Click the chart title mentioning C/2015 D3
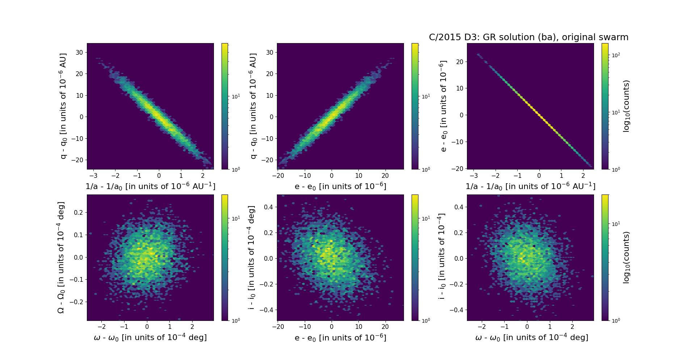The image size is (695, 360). pyautogui.click(x=528, y=37)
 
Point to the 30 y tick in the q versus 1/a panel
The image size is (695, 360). pyautogui.click(x=79, y=52)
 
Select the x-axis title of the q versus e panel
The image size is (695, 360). pyautogui.click(x=340, y=187)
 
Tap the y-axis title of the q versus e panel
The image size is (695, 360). pyautogui.click(x=253, y=106)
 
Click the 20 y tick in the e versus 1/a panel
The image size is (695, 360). pyautogui.click(x=460, y=62)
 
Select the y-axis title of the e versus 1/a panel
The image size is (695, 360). pyautogui.click(x=443, y=106)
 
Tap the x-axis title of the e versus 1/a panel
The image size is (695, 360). pyautogui.click(x=530, y=187)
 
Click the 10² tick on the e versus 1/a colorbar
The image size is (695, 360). pyautogui.click(x=616, y=55)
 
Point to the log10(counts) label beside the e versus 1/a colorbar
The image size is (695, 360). pyautogui.click(x=626, y=106)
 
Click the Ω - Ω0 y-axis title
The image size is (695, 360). pyautogui.click(x=61, y=258)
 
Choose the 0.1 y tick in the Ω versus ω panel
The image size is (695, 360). pyautogui.click(x=78, y=235)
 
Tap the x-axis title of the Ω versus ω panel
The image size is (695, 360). pyautogui.click(x=150, y=338)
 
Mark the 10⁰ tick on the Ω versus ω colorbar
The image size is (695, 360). pyautogui.click(x=236, y=321)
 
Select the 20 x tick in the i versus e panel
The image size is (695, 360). pyautogui.click(x=385, y=327)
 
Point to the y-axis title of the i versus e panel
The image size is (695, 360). pyautogui.click(x=252, y=258)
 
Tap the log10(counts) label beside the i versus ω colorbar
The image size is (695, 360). pyautogui.click(x=626, y=258)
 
